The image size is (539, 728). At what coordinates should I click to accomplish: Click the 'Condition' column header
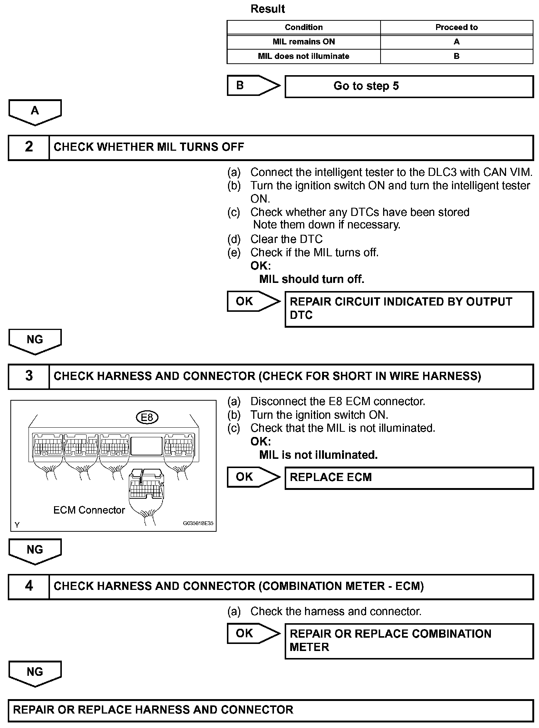[x=304, y=27]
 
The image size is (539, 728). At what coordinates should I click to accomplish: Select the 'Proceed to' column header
[x=456, y=27]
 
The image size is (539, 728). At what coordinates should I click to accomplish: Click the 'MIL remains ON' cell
[x=304, y=41]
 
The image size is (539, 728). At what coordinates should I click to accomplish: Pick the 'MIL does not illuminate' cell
[x=304, y=56]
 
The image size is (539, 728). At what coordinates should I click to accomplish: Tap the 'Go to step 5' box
[x=409, y=86]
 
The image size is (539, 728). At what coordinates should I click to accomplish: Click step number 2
[x=29, y=147]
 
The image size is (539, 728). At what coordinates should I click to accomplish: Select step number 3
[x=29, y=376]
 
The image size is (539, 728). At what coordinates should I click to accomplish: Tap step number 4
[x=29, y=586]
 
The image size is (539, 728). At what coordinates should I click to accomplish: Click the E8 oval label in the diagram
[x=147, y=418]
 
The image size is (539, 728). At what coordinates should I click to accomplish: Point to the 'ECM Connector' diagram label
[x=89, y=510]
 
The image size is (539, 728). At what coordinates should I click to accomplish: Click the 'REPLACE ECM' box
[x=409, y=477]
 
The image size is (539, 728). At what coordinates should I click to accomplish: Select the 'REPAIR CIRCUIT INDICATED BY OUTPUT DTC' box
[x=409, y=308]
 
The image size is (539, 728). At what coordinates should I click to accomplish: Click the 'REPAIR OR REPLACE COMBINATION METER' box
[x=409, y=641]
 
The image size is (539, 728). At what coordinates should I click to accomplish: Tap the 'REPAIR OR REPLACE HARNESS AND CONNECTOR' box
[x=270, y=710]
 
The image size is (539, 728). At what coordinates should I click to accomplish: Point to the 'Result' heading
[x=268, y=9]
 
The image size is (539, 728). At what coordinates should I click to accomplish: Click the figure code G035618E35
[x=198, y=524]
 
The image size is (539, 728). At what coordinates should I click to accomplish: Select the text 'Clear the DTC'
[x=286, y=239]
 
